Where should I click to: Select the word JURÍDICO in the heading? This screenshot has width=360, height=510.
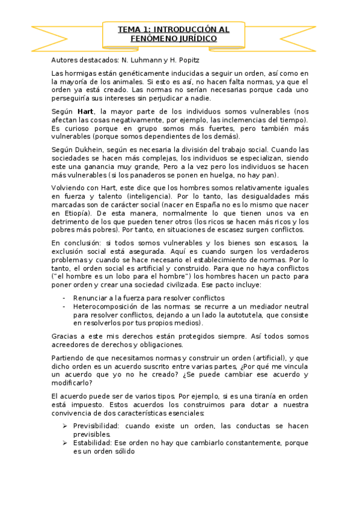pyautogui.click(x=193, y=38)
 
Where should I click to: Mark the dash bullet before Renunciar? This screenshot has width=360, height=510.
pyautogui.click(x=63, y=298)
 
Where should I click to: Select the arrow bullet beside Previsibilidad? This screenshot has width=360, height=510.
pyautogui.click(x=64, y=426)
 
